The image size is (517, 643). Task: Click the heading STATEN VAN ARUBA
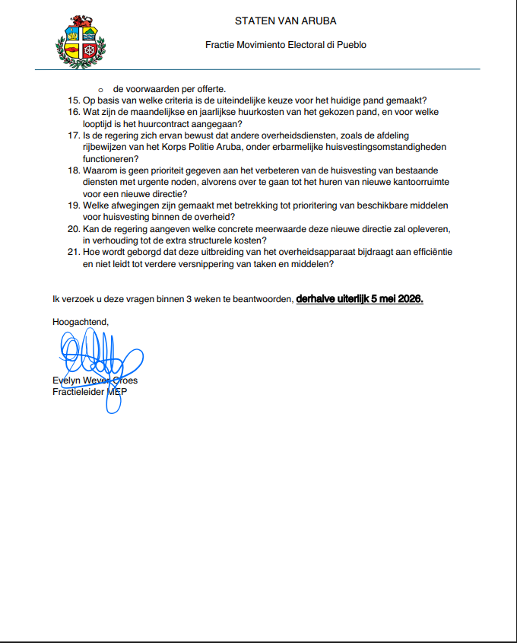point(285,21)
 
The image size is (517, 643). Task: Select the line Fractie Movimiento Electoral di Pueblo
point(286,45)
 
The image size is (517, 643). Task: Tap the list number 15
point(73,100)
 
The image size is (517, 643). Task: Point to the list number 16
point(73,112)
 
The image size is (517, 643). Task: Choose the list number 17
point(73,135)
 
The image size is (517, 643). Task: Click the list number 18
point(73,170)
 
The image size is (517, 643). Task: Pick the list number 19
point(73,205)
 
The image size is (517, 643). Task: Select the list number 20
point(73,229)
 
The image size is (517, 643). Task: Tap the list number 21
point(73,253)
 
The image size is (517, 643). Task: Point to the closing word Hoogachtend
point(80,322)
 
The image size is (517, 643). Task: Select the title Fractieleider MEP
point(90,392)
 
